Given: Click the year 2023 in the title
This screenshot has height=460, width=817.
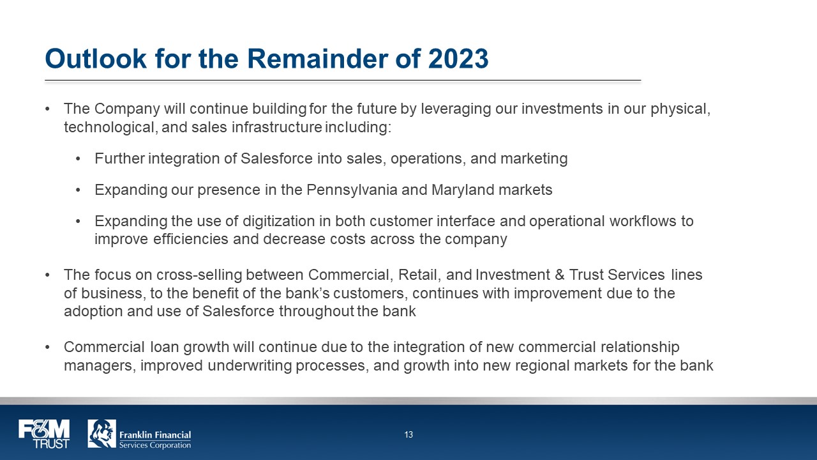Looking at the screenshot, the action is tap(458, 58).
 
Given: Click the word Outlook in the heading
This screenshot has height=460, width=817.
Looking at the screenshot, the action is tap(96, 58).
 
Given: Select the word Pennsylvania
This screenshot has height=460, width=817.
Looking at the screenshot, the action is tap(352, 190).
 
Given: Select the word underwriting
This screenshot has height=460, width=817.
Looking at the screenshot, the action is tap(250, 366).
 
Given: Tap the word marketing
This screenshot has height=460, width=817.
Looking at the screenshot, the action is tap(534, 159).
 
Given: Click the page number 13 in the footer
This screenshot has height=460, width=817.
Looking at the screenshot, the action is tap(408, 434).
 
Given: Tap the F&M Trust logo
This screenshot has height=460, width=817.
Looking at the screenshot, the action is tap(44, 434).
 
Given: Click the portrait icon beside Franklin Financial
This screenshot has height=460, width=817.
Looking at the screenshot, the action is tap(101, 434).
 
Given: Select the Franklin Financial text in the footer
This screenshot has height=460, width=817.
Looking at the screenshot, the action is tap(155, 435).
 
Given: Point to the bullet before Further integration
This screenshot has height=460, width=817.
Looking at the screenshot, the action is tap(78, 159).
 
